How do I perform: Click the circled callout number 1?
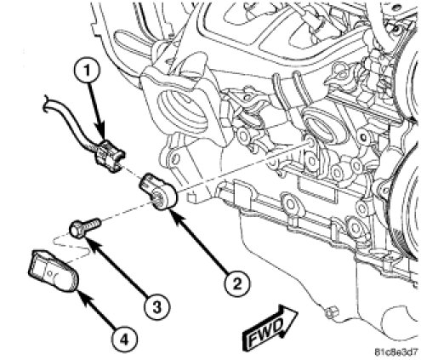tap(87, 71)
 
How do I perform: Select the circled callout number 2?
tap(237, 283)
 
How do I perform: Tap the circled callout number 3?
tap(156, 307)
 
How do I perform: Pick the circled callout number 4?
tap(124, 339)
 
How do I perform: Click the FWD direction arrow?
tap(270, 327)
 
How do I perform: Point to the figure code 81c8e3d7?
tap(396, 352)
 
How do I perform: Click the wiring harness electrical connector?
tap(110, 156)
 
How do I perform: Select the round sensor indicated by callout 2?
tap(159, 192)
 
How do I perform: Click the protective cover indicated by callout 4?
tap(54, 271)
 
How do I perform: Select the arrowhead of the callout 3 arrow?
tap(90, 243)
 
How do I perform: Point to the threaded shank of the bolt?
tap(93, 224)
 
